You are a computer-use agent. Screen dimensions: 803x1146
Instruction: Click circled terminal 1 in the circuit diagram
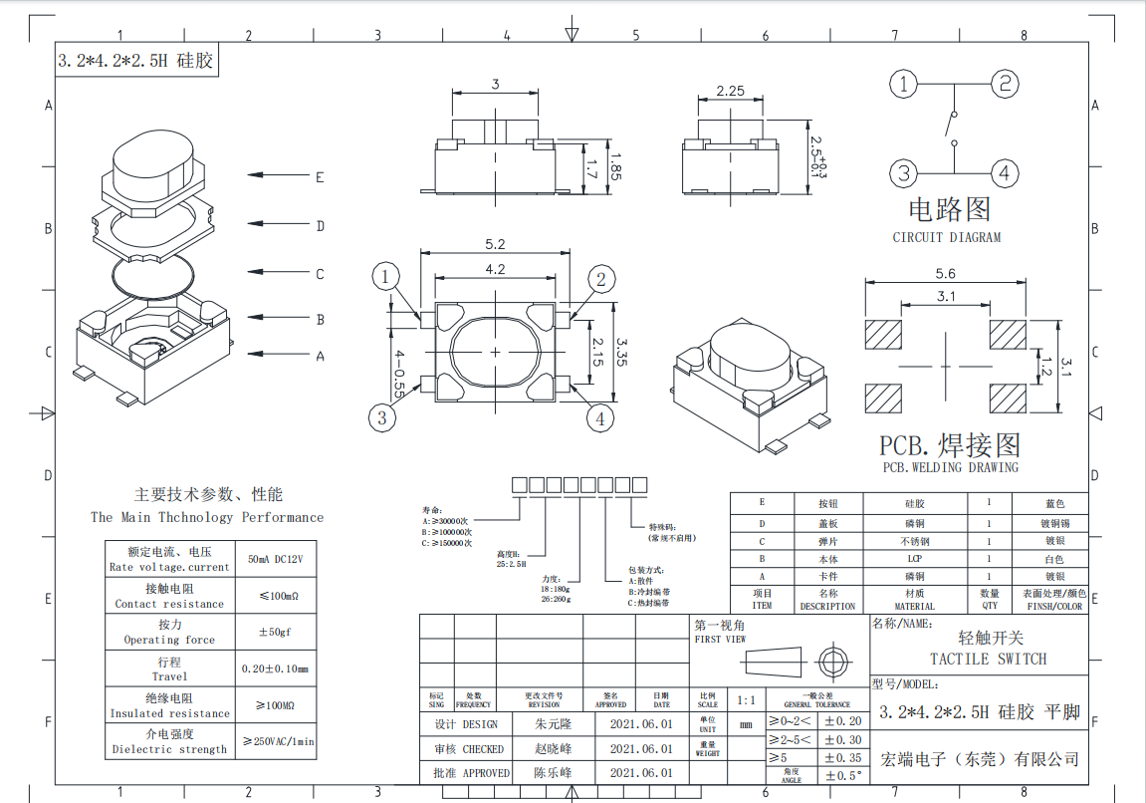click(x=903, y=85)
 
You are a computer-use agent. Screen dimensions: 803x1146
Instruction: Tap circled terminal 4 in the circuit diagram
click(x=1005, y=173)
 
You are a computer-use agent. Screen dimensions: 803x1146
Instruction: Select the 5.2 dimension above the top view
click(x=495, y=244)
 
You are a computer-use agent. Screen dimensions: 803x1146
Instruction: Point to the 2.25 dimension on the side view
click(x=731, y=91)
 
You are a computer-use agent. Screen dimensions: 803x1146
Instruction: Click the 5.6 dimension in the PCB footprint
click(x=945, y=274)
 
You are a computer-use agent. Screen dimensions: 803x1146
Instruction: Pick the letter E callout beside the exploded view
click(x=320, y=178)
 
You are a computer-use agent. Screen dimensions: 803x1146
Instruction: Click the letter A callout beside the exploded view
click(x=320, y=356)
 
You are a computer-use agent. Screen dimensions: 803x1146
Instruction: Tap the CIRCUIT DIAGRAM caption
click(x=946, y=237)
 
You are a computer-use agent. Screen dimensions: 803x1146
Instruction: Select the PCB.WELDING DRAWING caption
click(x=950, y=467)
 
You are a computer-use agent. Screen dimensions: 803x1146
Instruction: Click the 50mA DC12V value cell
click(x=275, y=560)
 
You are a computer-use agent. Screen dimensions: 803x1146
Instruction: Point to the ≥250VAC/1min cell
click(x=279, y=741)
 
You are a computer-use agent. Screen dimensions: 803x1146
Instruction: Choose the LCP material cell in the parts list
click(x=914, y=559)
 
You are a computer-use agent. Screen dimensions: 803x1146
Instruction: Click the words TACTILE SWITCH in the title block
click(x=988, y=659)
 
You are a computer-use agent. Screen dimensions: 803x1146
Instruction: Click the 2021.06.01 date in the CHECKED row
click(x=640, y=748)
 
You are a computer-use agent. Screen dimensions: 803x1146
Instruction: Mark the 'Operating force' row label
click(x=169, y=640)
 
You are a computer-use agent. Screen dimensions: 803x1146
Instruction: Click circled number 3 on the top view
click(x=382, y=417)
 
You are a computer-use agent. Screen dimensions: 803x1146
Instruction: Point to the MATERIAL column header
click(x=914, y=606)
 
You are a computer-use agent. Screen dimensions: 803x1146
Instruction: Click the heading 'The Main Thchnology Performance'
click(x=207, y=517)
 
